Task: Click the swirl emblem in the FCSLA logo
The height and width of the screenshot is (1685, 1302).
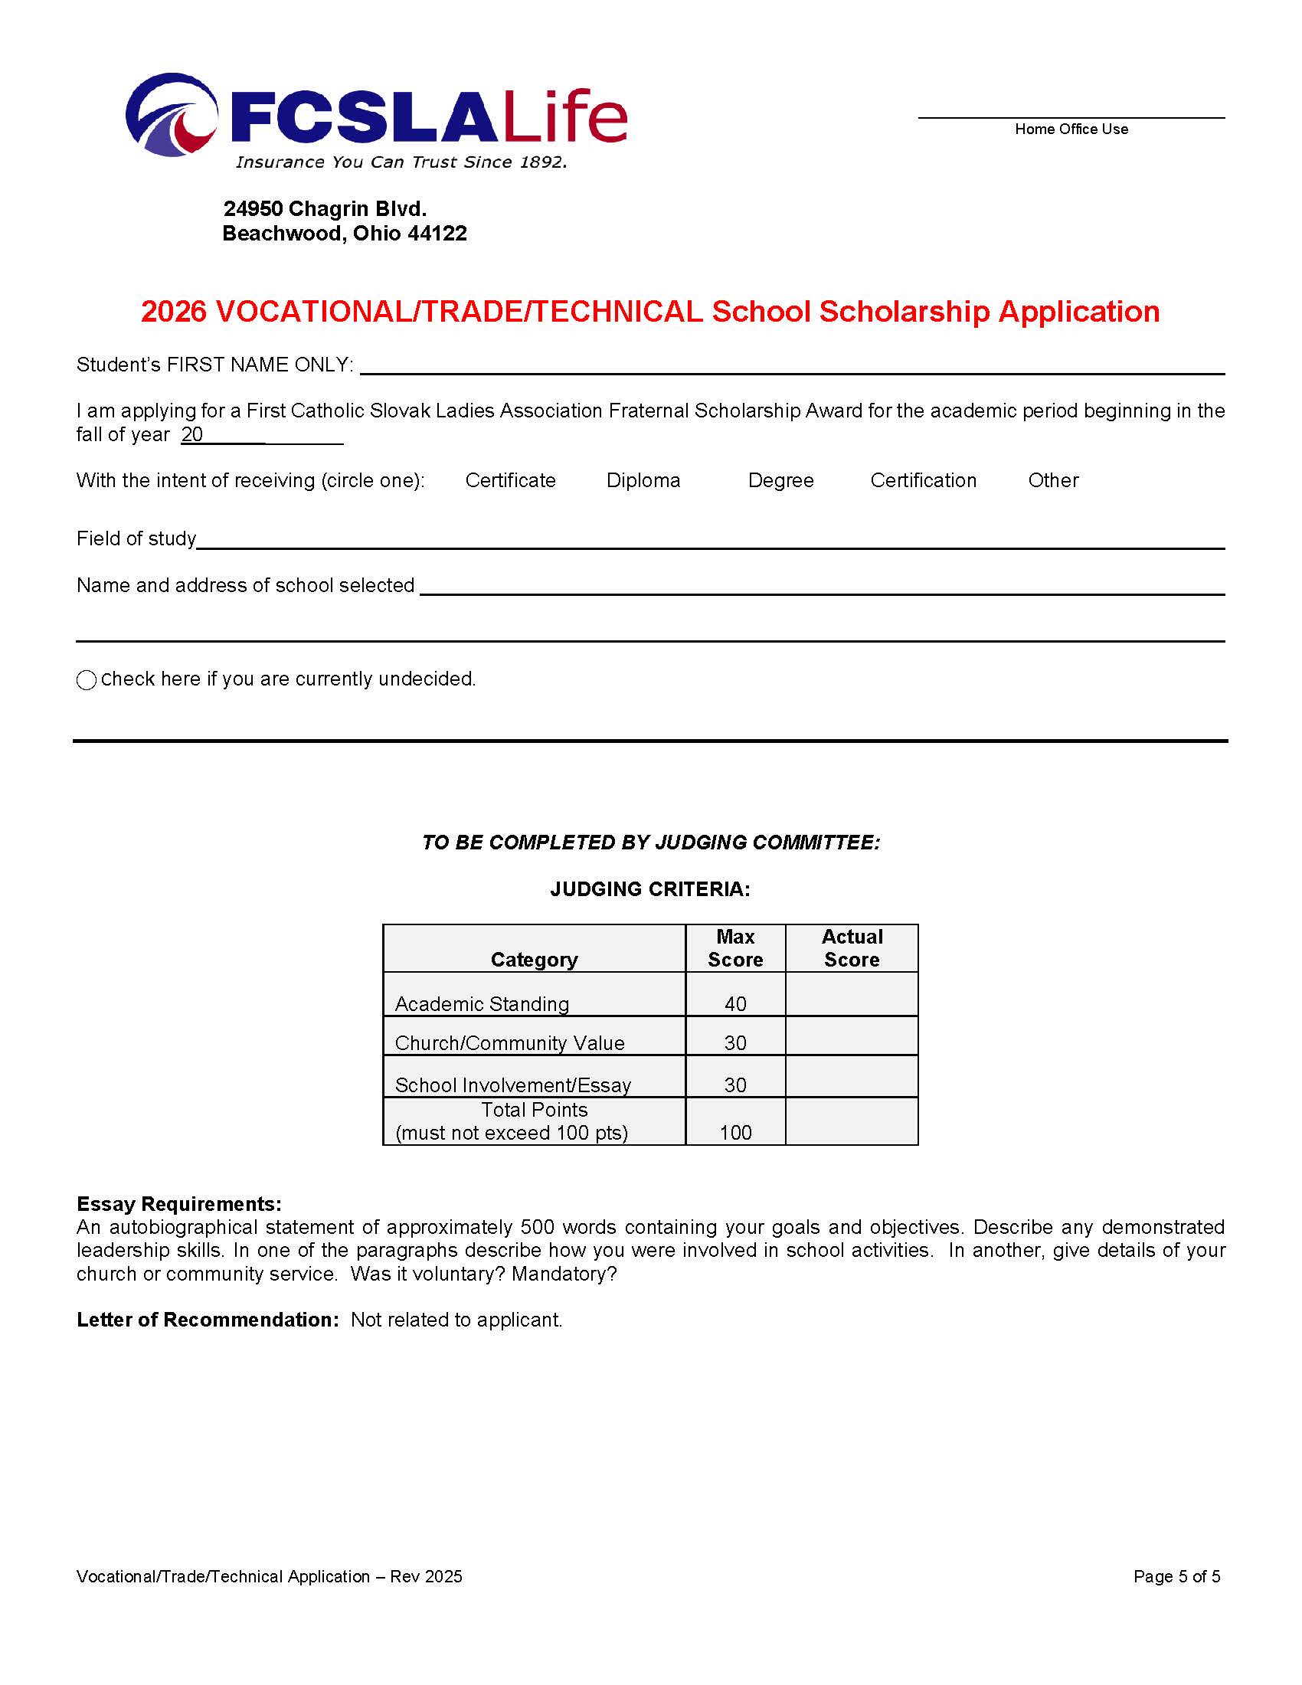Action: pos(172,115)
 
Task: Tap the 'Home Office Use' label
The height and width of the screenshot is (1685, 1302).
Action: pos(1071,129)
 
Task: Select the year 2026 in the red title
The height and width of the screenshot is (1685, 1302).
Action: pos(174,312)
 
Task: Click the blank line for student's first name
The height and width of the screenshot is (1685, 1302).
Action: pos(791,365)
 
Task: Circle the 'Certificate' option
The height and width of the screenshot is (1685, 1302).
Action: pos(510,481)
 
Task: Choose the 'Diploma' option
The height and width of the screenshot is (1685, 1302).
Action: pos(643,481)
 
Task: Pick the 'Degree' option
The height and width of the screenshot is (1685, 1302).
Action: pos(780,481)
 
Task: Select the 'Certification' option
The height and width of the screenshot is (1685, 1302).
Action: pos(924,481)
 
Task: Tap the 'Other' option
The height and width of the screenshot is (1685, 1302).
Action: pos(1053,481)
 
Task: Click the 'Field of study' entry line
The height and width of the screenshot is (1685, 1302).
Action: pos(710,539)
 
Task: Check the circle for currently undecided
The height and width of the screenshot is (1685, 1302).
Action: pos(87,679)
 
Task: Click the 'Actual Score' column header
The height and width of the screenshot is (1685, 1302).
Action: pos(852,948)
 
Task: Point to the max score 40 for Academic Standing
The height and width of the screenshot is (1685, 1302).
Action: pos(735,1004)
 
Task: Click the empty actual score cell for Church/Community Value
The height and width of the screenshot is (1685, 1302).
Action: pos(852,1036)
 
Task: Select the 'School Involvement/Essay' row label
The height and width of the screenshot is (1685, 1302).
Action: pos(513,1085)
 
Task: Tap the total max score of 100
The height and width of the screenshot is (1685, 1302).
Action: pos(735,1133)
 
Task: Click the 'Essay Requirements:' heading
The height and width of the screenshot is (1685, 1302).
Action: pos(179,1203)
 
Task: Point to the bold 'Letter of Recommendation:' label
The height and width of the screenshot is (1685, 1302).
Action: pos(208,1320)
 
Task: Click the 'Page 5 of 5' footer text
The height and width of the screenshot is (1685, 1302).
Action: pos(1176,1576)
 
